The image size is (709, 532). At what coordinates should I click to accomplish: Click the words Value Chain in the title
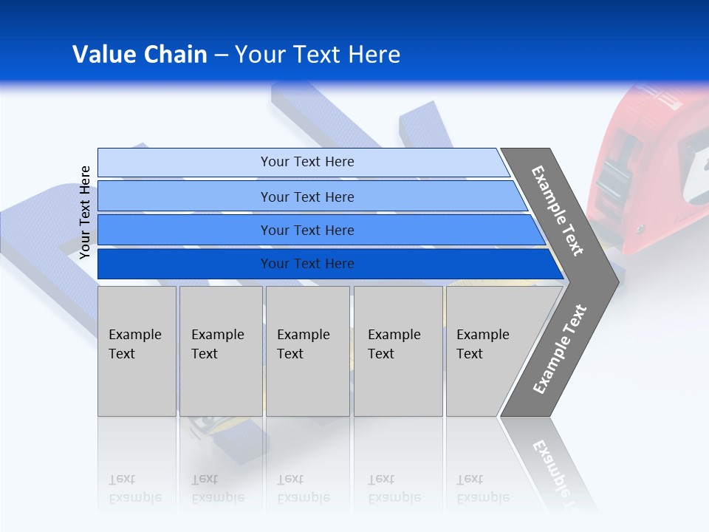pyautogui.click(x=140, y=55)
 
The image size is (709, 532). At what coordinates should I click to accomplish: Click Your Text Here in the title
pyautogui.click(x=318, y=55)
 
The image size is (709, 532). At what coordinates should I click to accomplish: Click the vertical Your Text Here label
pyautogui.click(x=85, y=212)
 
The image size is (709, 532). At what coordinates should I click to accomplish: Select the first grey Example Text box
pyautogui.click(x=137, y=351)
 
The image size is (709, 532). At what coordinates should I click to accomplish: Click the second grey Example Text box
pyautogui.click(x=221, y=351)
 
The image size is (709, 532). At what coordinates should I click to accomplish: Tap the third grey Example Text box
pyautogui.click(x=307, y=351)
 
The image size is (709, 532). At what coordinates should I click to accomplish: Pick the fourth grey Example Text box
pyautogui.click(x=398, y=351)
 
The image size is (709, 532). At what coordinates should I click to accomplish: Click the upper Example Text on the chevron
pyautogui.click(x=558, y=211)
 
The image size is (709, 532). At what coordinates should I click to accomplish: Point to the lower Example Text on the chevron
pyautogui.click(x=559, y=349)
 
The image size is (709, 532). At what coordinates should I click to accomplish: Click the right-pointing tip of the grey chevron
pyautogui.click(x=614, y=282)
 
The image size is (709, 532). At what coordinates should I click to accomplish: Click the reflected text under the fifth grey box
pyautogui.click(x=482, y=488)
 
